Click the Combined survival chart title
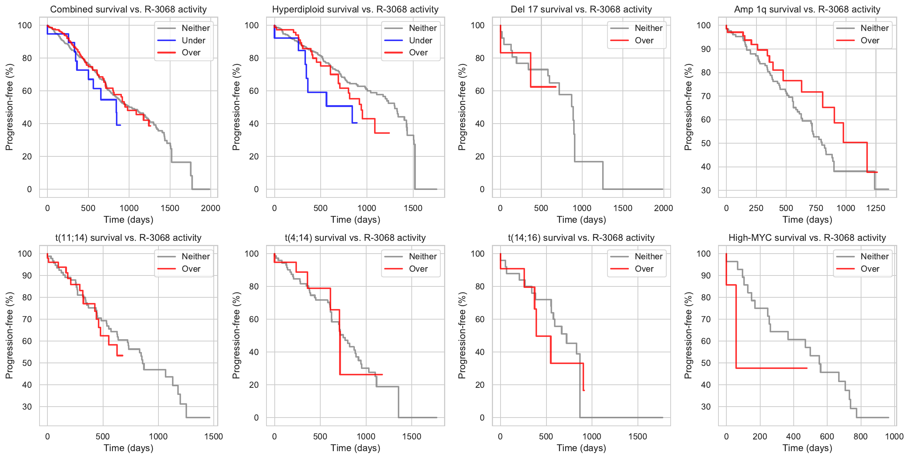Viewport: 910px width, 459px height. click(x=128, y=9)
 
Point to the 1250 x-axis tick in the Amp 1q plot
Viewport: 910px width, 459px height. click(x=875, y=208)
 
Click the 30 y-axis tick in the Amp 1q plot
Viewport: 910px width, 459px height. click(x=706, y=190)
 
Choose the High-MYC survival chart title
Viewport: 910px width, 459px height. click(x=807, y=238)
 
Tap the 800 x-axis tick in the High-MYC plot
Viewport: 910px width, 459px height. click(x=860, y=436)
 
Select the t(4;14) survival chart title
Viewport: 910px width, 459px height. click(x=355, y=238)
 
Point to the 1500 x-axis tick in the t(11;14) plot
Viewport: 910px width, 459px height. click(x=213, y=436)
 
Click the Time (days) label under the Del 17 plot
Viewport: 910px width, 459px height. click(x=581, y=220)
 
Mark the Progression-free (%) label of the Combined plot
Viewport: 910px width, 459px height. click(x=9, y=107)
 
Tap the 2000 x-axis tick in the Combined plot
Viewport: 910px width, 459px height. click(x=210, y=208)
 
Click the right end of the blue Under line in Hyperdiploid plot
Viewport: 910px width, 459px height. click(x=357, y=123)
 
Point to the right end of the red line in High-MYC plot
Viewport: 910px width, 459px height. click(x=807, y=368)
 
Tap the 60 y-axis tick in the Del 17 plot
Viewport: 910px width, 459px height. click(x=480, y=91)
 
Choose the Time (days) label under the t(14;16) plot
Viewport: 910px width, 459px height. click(x=581, y=448)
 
